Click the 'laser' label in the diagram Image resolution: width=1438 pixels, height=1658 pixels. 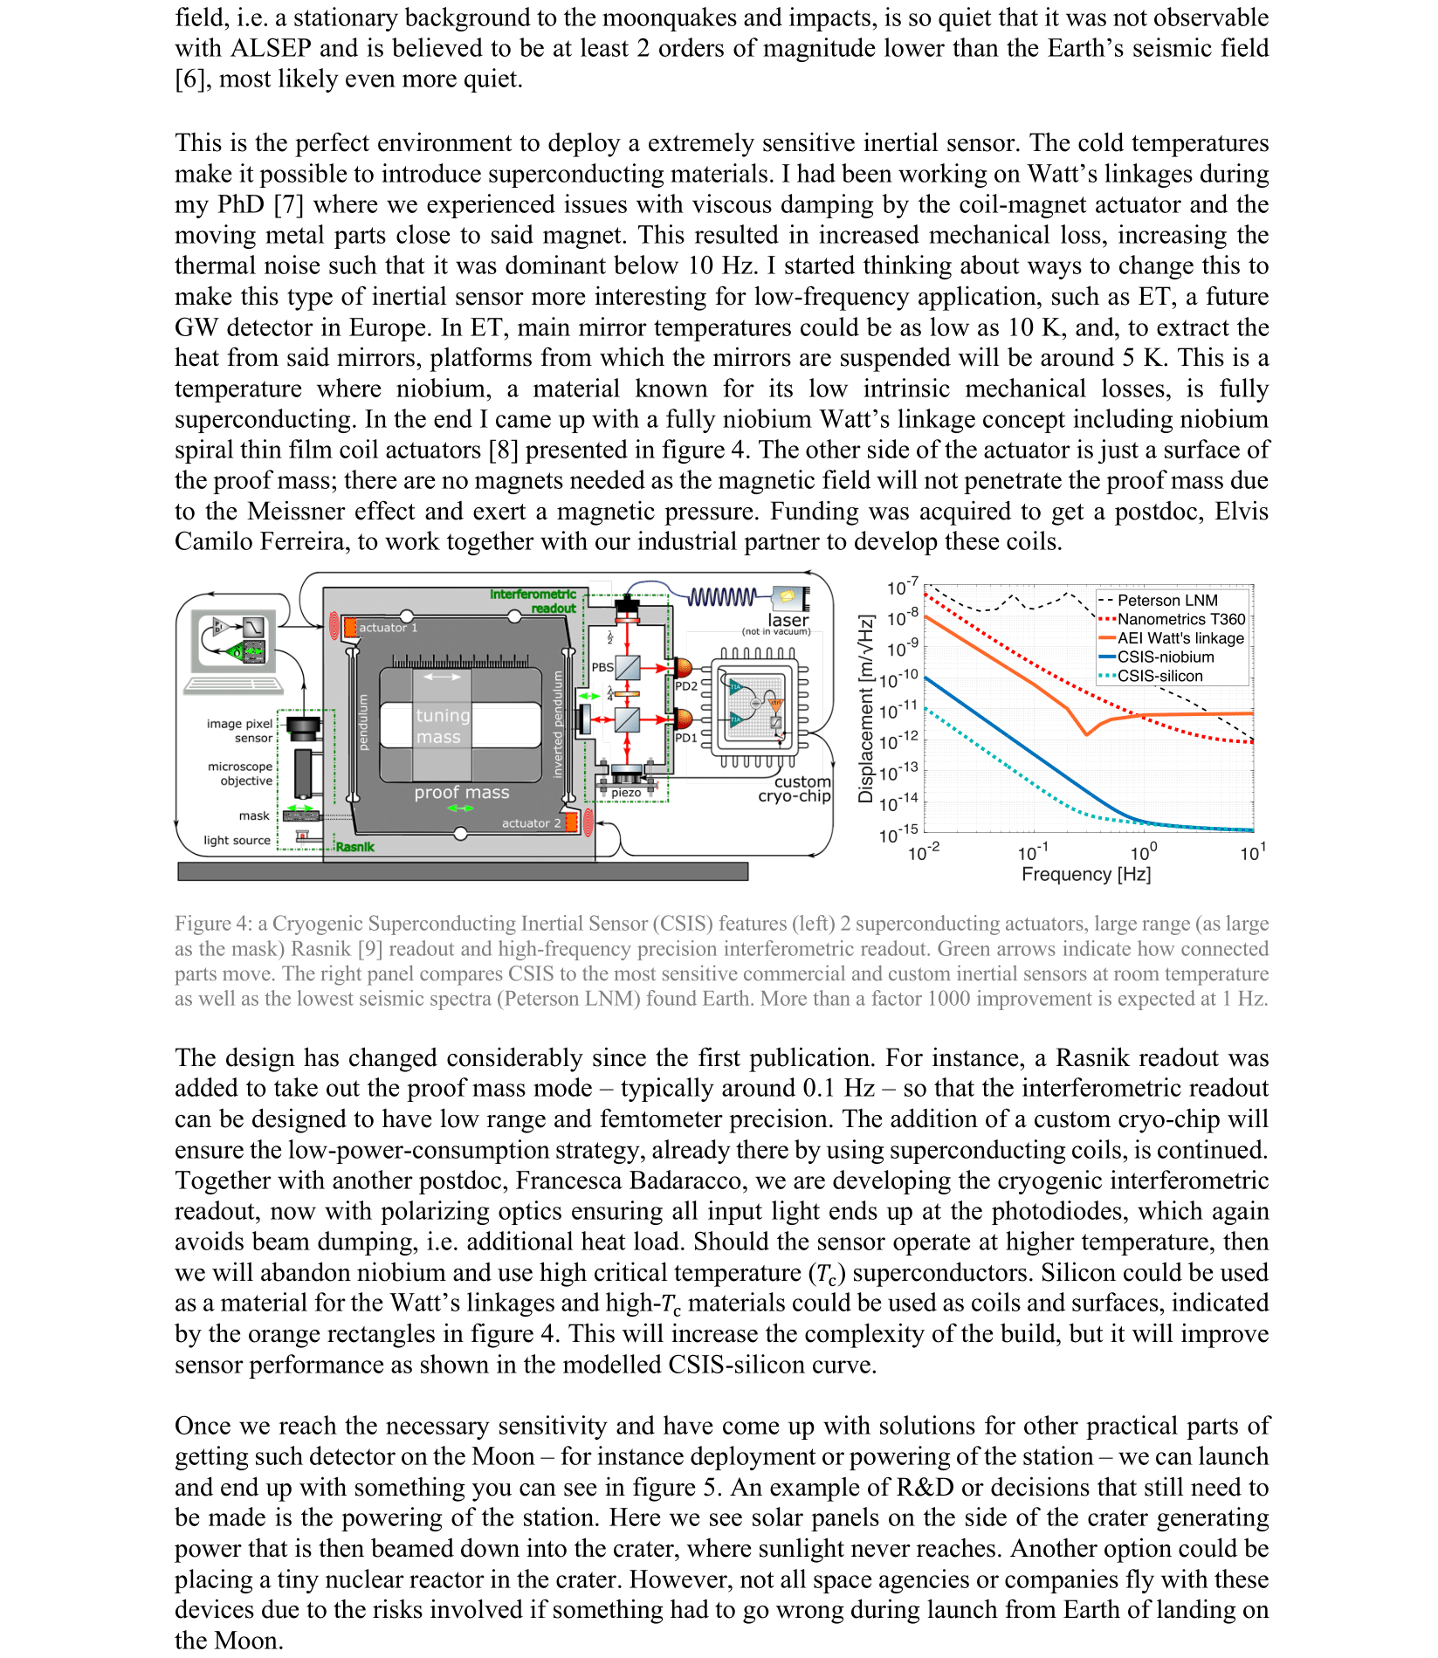tap(788, 619)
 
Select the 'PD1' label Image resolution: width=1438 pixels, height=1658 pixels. tap(686, 738)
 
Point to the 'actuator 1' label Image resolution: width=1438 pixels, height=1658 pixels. tap(388, 628)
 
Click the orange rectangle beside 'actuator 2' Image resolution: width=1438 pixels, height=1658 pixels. tap(572, 822)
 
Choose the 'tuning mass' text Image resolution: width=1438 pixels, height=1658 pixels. tap(443, 726)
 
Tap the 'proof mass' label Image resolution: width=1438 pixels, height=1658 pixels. tap(461, 793)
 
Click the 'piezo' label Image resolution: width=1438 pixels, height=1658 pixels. tap(626, 793)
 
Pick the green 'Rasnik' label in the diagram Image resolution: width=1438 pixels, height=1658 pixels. tap(355, 847)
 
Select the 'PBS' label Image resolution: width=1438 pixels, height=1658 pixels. tap(602, 667)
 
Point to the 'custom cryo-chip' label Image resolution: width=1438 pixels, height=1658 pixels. tap(795, 788)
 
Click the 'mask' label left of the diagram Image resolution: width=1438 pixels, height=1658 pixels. tap(254, 815)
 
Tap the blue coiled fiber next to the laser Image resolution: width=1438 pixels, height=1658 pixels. tap(722, 597)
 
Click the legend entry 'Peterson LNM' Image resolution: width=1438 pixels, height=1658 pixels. tap(1167, 601)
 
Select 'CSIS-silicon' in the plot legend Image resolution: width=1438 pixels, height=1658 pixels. tap(1159, 676)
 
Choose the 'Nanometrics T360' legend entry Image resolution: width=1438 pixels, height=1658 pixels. tap(1181, 619)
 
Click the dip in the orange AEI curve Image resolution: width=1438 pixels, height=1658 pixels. tap(1086, 734)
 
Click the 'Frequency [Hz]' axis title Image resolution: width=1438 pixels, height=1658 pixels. tap(1086, 874)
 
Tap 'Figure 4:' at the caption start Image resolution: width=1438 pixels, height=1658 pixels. tap(212, 924)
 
